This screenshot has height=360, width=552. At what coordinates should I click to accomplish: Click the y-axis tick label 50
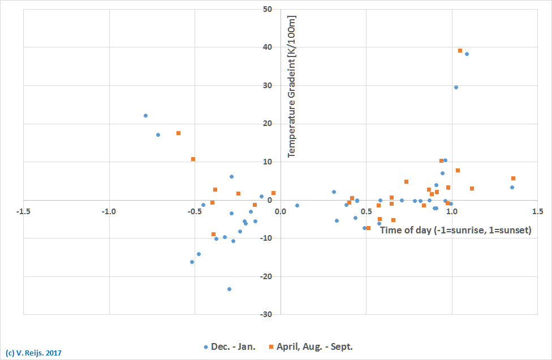coord(268,10)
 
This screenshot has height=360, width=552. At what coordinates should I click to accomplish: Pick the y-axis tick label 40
coord(268,47)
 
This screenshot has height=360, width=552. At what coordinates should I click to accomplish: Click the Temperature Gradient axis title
coord(292,86)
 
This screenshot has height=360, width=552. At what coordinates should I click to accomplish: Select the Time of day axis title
coord(455,230)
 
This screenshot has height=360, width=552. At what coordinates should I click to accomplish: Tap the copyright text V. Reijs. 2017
coord(33,353)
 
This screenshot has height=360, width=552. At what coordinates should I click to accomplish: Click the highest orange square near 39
coord(460,51)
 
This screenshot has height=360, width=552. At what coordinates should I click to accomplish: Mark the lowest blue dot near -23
coord(229,289)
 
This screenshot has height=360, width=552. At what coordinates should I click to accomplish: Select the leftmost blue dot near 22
coord(145,115)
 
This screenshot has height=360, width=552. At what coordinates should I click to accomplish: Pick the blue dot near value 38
coord(467,54)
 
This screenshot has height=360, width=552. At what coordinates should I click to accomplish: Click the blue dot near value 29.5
coord(456,87)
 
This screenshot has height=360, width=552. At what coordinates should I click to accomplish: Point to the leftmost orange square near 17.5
coord(178,133)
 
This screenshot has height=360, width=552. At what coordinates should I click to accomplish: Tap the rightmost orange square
coord(513,179)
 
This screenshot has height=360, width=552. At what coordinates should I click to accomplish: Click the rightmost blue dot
coord(512,187)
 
